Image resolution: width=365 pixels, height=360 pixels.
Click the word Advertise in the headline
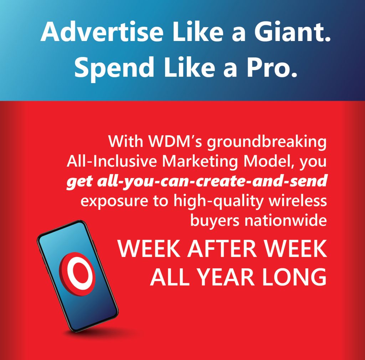(102, 31)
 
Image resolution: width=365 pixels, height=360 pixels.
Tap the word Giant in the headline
(292, 31)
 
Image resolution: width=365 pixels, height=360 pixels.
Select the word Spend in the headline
(114, 67)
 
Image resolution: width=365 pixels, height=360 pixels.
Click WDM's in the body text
(175, 141)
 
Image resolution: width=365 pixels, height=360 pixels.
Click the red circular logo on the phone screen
(77, 274)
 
